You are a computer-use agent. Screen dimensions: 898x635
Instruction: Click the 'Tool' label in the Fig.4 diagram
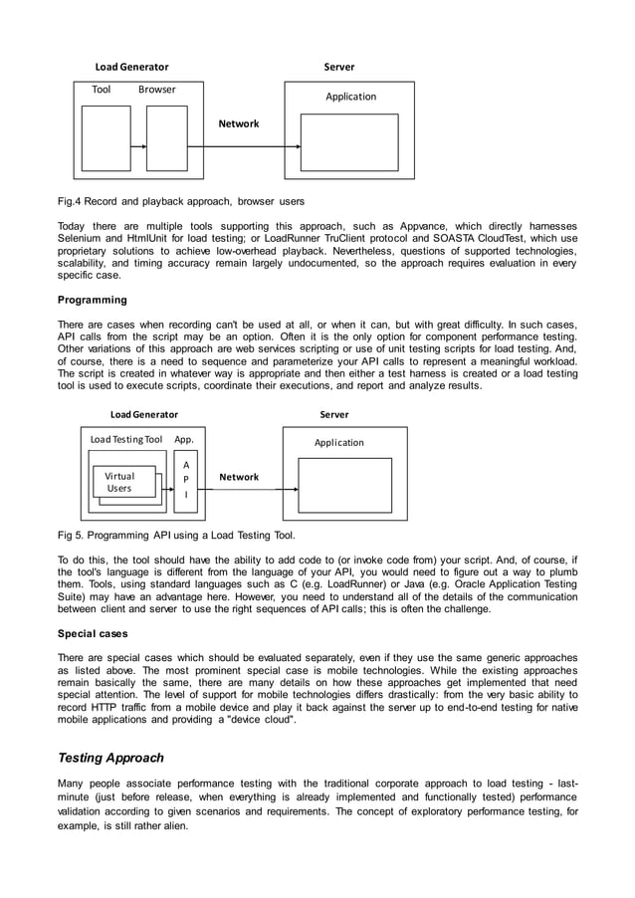tap(101, 90)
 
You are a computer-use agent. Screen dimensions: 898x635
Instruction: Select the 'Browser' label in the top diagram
tap(156, 90)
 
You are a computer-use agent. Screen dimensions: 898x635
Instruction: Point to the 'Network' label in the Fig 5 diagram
tap(238, 477)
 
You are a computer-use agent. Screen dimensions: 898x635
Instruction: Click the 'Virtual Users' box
tap(119, 483)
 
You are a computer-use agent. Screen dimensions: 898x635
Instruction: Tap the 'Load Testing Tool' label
tap(125, 439)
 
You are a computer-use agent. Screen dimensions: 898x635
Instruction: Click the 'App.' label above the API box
tap(184, 439)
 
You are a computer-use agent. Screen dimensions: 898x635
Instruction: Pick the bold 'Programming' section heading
tap(92, 300)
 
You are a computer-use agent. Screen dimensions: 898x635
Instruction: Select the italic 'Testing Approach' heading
tap(110, 758)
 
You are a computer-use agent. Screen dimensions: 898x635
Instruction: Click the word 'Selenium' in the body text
tap(81, 240)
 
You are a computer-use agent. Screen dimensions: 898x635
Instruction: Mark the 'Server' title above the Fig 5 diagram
tap(334, 414)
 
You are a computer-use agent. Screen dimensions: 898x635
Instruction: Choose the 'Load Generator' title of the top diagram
tap(131, 67)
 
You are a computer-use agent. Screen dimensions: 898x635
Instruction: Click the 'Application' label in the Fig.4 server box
tap(350, 97)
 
